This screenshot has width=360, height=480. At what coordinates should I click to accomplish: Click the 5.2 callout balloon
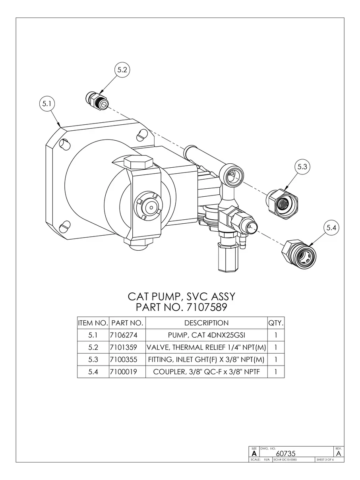click(122, 70)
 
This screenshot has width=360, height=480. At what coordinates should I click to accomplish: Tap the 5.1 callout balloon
click(47, 104)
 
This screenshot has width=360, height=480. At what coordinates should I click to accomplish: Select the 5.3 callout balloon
click(303, 167)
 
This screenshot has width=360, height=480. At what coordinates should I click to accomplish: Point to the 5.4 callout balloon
click(331, 228)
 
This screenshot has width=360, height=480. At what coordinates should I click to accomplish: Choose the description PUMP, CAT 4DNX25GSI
click(206, 335)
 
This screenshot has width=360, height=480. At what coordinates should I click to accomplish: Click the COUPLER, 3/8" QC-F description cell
click(206, 372)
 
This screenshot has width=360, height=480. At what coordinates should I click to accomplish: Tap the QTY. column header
click(276, 323)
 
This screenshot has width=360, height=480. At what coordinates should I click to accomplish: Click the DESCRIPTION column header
click(206, 323)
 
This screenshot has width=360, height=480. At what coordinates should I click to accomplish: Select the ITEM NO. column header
click(93, 323)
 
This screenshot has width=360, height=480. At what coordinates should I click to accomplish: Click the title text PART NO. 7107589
click(181, 307)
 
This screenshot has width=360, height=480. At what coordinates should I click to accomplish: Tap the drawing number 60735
click(286, 453)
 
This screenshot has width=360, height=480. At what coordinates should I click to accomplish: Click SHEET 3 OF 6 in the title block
click(325, 460)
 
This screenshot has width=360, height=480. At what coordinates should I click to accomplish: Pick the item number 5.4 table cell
click(93, 372)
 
